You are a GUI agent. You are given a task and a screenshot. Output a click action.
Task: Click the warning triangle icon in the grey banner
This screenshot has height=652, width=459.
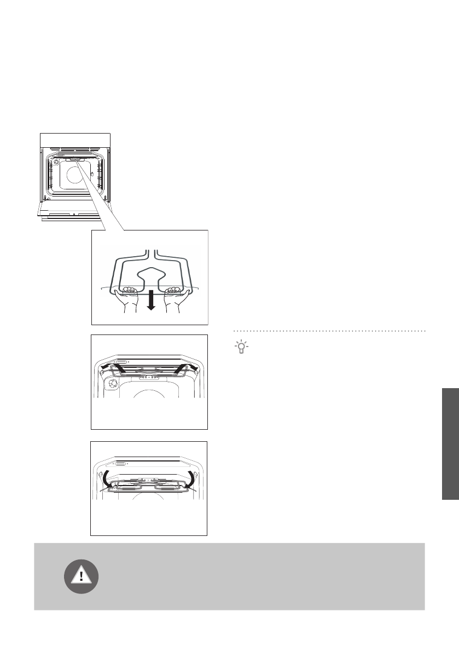click(x=82, y=576)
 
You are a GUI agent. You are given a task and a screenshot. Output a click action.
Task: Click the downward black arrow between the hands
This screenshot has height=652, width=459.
click(x=151, y=300)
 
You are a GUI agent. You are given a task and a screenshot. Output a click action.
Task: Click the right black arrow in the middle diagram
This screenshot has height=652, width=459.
click(x=186, y=366)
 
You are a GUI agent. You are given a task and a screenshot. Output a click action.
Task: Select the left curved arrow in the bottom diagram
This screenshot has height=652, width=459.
click(x=107, y=477)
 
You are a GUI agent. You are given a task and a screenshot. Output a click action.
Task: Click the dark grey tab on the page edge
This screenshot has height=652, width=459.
click(x=450, y=443)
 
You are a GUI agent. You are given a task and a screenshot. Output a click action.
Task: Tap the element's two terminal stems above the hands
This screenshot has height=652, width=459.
click(x=151, y=254)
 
